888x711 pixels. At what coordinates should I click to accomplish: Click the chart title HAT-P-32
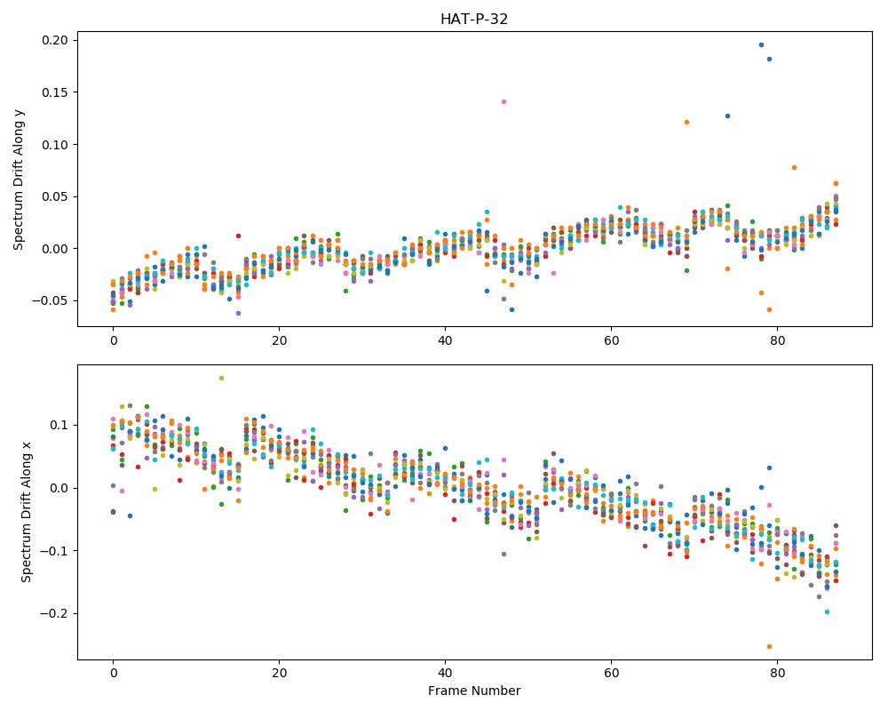(x=474, y=20)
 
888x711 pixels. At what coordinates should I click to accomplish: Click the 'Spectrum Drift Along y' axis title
(x=19, y=179)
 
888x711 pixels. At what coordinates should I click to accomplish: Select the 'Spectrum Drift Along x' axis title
(x=26, y=513)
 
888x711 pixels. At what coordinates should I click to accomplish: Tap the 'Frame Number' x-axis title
(x=474, y=691)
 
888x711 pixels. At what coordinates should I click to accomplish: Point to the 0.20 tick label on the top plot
(x=55, y=40)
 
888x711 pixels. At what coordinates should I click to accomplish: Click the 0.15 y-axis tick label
(x=55, y=92)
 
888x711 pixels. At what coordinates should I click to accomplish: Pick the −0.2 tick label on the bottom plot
(x=54, y=614)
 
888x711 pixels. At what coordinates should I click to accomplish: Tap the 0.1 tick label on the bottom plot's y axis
(x=59, y=425)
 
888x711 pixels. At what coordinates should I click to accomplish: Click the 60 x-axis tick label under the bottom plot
(x=611, y=674)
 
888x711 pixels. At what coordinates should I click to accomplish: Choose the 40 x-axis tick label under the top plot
(x=445, y=340)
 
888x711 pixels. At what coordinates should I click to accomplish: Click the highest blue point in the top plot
(x=761, y=44)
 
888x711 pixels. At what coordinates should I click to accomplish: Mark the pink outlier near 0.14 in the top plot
(x=503, y=102)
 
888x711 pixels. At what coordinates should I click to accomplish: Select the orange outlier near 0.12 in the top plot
(x=686, y=123)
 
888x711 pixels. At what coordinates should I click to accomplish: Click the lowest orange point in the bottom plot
(x=769, y=646)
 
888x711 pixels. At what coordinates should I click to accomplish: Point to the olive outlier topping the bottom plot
(x=221, y=379)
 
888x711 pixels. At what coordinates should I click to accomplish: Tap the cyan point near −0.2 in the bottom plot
(x=827, y=611)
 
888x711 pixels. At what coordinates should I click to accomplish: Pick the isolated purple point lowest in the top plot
(x=238, y=313)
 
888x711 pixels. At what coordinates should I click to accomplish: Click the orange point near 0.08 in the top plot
(x=794, y=168)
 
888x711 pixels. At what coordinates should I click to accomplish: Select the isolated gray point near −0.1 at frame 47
(x=503, y=554)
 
